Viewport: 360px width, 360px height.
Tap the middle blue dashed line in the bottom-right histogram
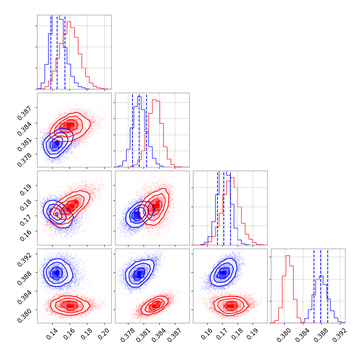(321, 286)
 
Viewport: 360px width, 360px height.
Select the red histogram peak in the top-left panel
(69, 22)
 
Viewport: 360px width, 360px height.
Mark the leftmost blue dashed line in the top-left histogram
(51, 52)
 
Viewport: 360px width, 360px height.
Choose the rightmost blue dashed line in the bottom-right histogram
(328, 286)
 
